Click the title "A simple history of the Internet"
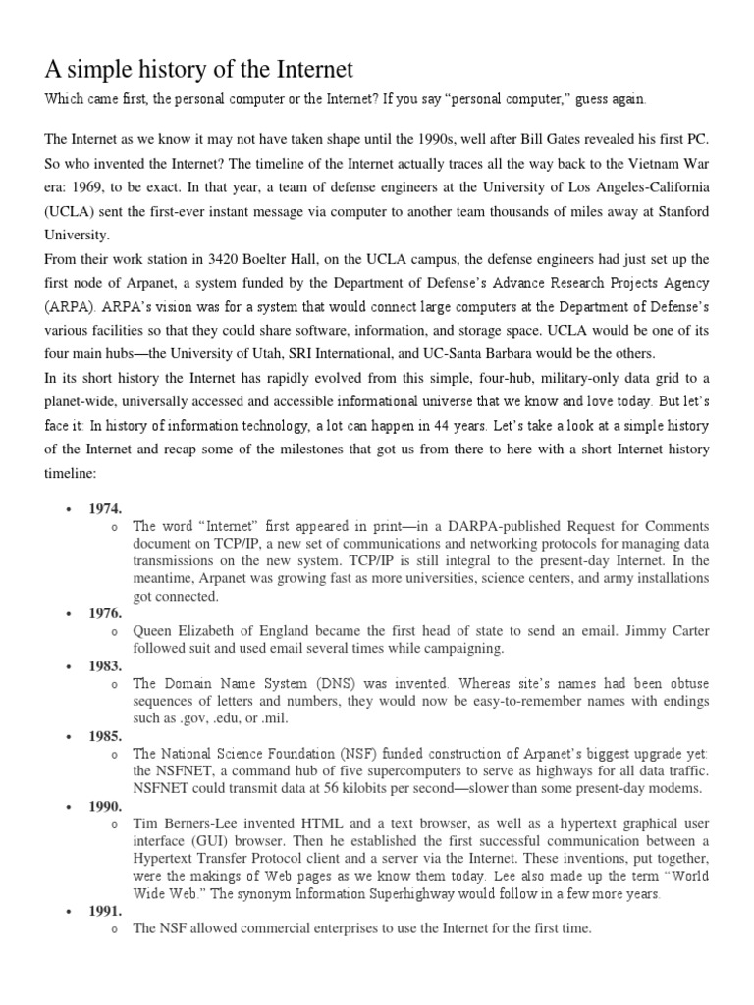pyautogui.click(x=199, y=69)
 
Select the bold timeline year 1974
pyautogui.click(x=105, y=508)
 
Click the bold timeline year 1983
pyautogui.click(x=105, y=664)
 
